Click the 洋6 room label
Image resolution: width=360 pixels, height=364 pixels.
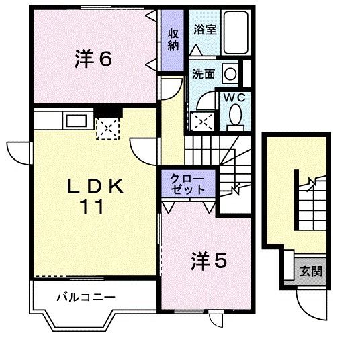(93, 59)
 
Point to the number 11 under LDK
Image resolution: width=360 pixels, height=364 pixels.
(93, 208)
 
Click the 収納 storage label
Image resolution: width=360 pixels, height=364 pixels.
(174, 39)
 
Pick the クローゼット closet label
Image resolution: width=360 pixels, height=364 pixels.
(188, 183)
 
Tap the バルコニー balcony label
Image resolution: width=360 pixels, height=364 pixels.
(86, 296)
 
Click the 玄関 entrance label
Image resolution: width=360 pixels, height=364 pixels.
(310, 271)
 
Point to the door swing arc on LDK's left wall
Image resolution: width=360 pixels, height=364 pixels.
(19, 151)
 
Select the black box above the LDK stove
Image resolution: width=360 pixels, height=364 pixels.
(107, 112)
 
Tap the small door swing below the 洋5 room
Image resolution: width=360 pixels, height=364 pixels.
(216, 320)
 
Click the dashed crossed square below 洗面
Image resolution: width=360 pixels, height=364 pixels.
(202, 119)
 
